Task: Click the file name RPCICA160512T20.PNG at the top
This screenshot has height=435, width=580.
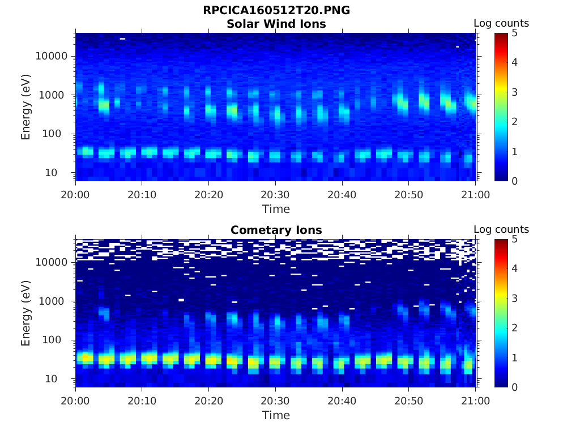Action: [276, 11]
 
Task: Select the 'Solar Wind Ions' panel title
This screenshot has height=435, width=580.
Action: [276, 24]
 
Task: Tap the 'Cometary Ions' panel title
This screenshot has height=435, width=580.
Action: [276, 230]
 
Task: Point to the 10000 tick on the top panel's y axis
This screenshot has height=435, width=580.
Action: [52, 56]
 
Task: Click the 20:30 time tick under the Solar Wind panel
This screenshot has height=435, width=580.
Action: [275, 194]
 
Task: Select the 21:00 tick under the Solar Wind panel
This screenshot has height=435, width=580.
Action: [475, 194]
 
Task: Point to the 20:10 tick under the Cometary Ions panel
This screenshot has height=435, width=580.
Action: [142, 400]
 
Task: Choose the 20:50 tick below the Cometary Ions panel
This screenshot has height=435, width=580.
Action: [409, 400]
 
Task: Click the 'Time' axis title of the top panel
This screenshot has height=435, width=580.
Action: [276, 209]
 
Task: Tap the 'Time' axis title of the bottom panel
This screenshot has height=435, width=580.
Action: [276, 415]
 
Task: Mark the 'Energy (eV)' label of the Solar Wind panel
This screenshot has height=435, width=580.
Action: [26, 107]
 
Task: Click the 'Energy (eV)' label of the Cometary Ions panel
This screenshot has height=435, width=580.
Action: [26, 313]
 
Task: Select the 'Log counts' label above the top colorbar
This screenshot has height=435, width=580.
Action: [501, 23]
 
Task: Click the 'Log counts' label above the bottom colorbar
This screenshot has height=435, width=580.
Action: [501, 229]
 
